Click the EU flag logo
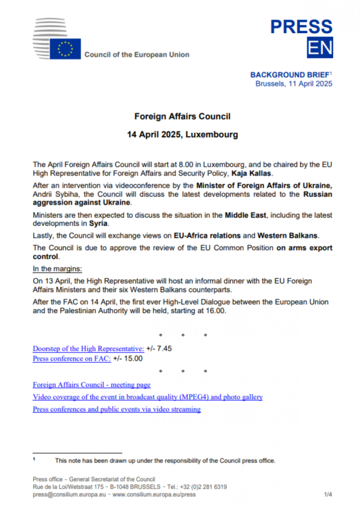coord(65,49)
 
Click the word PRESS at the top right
coord(301,27)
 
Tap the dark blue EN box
coord(320,48)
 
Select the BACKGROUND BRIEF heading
coord(289,75)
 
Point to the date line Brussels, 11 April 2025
coord(294,84)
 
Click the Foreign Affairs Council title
coord(182,117)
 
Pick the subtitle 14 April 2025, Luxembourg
coord(182,134)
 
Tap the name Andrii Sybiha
coord(55,194)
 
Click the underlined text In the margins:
coord(57,269)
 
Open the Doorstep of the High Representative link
coord(88,349)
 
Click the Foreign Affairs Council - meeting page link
coord(92,384)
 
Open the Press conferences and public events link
coord(116,409)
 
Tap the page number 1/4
coord(328,494)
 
